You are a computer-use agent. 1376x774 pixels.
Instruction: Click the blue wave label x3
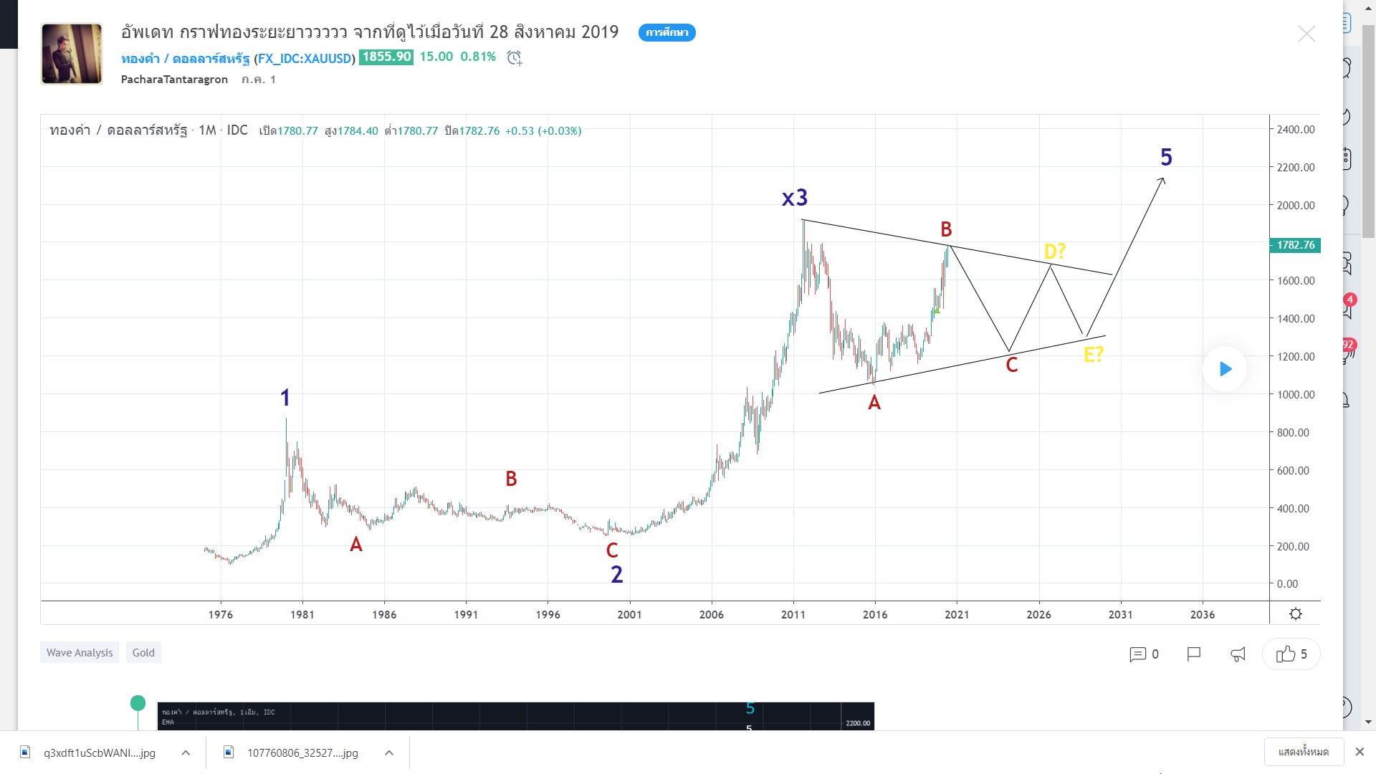point(794,197)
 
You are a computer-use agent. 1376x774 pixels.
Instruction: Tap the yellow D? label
point(1054,251)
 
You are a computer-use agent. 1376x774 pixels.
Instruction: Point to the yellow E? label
point(1093,354)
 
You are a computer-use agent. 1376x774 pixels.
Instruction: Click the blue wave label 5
point(1166,157)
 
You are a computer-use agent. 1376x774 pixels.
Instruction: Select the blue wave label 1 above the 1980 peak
point(285,398)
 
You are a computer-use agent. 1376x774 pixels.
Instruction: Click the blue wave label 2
point(616,574)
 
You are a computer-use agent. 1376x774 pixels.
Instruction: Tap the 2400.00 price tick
point(1295,130)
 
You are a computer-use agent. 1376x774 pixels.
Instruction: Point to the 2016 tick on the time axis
point(874,614)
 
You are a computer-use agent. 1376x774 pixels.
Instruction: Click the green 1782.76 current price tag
point(1295,245)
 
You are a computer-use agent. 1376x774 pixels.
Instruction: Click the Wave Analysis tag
point(80,652)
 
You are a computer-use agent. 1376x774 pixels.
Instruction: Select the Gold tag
point(143,652)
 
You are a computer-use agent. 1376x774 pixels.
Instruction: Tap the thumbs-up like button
point(1291,654)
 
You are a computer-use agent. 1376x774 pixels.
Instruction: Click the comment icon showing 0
point(1144,654)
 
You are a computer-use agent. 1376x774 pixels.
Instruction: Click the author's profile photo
point(72,54)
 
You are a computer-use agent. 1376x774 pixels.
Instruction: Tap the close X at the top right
point(1306,34)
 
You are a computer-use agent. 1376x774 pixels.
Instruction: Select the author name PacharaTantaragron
point(174,80)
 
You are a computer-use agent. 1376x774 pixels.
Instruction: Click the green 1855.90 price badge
point(386,57)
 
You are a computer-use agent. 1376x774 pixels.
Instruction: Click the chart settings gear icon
point(1295,613)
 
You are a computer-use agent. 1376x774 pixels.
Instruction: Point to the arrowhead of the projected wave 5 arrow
point(1162,180)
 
